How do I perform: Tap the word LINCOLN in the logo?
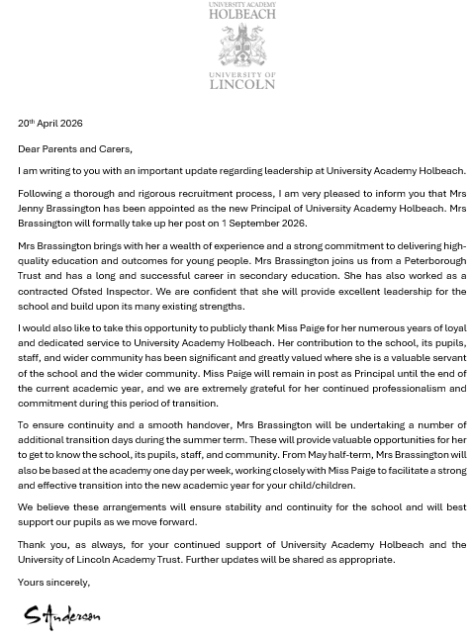tap(241, 84)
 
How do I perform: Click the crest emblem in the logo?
tap(241, 46)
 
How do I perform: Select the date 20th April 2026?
tap(49, 124)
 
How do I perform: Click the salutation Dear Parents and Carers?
tap(74, 149)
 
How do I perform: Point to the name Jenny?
tap(32, 209)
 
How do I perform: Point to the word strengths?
tap(222, 306)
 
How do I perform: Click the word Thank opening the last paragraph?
tap(33, 544)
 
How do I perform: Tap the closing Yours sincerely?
tap(53, 583)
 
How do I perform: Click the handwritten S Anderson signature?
tap(62, 617)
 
